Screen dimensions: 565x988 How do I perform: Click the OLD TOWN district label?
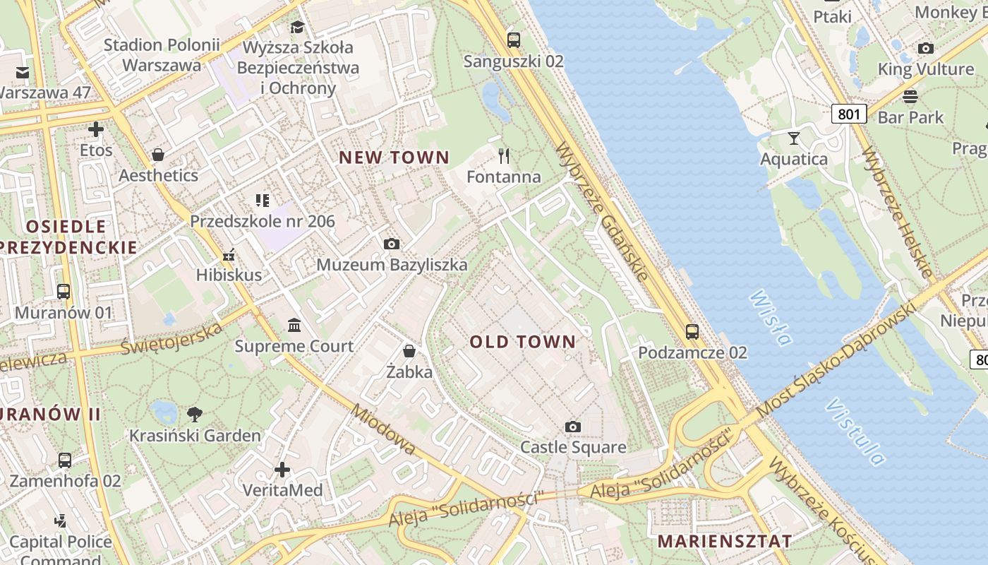click(x=523, y=342)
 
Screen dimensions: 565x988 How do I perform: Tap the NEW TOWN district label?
click(x=394, y=157)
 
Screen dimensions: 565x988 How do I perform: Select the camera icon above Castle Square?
click(x=573, y=427)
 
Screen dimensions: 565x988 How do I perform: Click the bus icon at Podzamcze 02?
click(x=692, y=331)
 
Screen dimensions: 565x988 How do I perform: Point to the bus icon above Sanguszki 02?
click(x=514, y=40)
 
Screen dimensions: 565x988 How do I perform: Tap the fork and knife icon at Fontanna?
click(x=504, y=155)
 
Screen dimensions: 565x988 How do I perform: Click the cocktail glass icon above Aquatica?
click(x=794, y=138)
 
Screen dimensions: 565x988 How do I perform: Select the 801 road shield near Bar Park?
click(x=848, y=113)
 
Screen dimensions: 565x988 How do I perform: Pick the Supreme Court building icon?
click(x=294, y=326)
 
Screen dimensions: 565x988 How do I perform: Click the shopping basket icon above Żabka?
click(x=409, y=350)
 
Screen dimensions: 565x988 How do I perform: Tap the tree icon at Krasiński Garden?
click(x=195, y=415)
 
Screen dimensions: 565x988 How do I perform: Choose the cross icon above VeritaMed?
click(x=282, y=470)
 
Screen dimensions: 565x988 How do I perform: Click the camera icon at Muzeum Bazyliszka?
click(x=392, y=244)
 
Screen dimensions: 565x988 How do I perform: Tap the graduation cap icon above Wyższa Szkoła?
click(x=297, y=27)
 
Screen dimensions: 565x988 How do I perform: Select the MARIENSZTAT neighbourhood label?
click(x=724, y=541)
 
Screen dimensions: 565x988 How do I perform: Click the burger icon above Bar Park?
click(x=910, y=97)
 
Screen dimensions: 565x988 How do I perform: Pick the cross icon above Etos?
click(x=96, y=129)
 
